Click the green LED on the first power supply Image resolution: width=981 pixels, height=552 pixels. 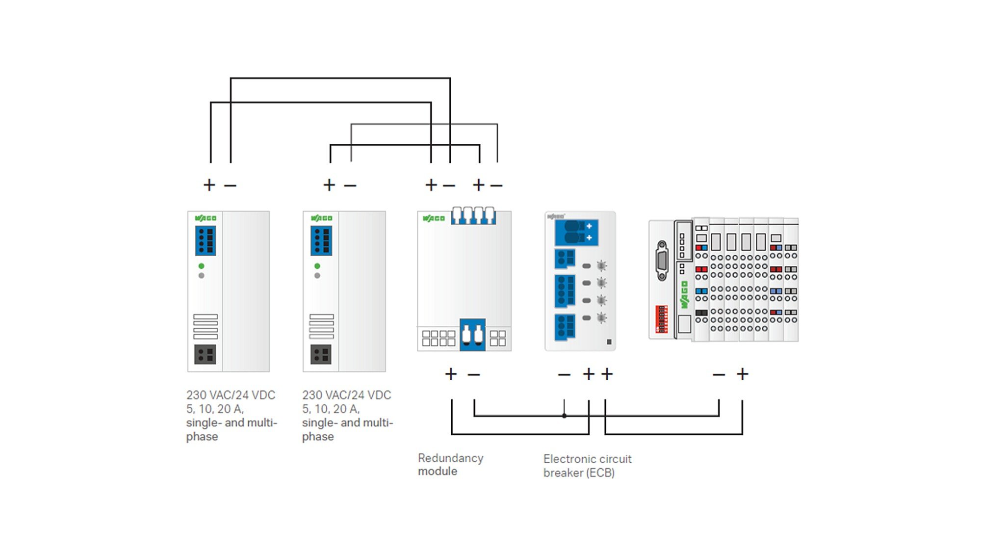click(201, 266)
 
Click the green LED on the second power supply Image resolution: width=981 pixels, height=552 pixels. click(317, 266)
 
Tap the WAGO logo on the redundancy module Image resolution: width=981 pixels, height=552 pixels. click(434, 218)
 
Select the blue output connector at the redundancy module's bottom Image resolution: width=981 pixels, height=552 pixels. click(472, 335)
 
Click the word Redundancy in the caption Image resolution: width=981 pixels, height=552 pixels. click(451, 458)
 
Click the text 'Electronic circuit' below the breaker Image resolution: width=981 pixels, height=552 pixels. click(588, 459)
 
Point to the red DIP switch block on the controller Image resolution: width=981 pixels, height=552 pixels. click(662, 319)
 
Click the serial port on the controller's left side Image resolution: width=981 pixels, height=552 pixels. click(662, 261)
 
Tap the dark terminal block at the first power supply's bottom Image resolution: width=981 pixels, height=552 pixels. click(205, 354)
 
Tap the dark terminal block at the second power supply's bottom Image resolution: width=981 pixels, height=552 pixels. click(321, 354)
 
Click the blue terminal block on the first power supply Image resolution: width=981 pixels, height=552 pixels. click(206, 240)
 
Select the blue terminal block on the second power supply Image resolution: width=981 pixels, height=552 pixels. click(321, 240)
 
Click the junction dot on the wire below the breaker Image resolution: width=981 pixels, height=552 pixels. click(564, 416)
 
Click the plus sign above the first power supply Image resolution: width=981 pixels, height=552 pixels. click(209, 185)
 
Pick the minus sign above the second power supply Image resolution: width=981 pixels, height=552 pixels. click(350, 185)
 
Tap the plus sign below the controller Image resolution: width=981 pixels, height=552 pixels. click(743, 374)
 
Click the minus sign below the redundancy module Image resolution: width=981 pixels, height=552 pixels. click(474, 374)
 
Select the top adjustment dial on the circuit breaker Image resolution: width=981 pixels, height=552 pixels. click(601, 266)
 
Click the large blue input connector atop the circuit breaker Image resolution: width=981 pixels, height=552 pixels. click(576, 233)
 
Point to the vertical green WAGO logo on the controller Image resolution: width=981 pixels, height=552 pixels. click(684, 295)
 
